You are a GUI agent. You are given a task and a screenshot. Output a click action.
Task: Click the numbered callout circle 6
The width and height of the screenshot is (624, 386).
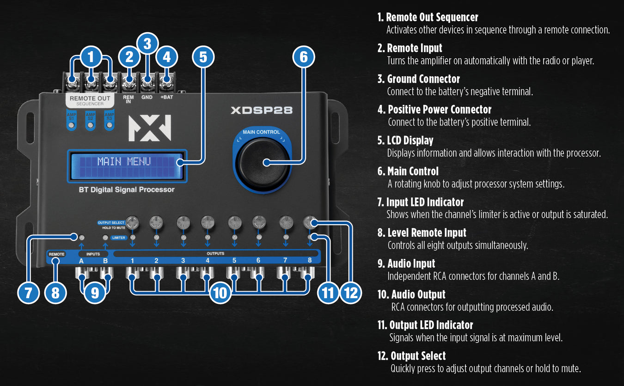point(304,57)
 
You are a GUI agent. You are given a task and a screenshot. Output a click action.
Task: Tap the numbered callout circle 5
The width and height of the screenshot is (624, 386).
point(203,57)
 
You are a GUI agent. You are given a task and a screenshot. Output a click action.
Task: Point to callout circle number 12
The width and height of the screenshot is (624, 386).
point(351,293)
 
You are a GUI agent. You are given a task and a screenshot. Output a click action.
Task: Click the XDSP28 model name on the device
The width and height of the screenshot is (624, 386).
point(261,110)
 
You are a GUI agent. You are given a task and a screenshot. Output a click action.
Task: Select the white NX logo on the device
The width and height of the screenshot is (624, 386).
point(149,128)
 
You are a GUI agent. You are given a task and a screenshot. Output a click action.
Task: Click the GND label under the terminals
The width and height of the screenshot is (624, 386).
point(147,98)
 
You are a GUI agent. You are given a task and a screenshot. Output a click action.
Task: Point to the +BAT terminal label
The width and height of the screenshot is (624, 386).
point(166,98)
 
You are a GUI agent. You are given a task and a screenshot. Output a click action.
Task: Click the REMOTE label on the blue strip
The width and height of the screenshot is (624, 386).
point(57,254)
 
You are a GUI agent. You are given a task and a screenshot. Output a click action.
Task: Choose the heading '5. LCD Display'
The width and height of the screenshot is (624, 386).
point(405,140)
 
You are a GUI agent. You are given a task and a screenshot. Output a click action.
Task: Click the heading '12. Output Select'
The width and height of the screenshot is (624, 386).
point(412,356)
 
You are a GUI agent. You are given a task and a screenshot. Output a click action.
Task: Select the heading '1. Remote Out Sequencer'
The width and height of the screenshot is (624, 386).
point(428,17)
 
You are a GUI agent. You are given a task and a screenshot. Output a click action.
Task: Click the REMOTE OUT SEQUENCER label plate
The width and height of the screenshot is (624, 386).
point(90,100)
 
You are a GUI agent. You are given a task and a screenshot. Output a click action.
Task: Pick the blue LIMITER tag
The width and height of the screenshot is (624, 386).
point(119,238)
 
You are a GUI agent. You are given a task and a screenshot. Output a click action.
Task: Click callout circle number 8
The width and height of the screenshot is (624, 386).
point(55,293)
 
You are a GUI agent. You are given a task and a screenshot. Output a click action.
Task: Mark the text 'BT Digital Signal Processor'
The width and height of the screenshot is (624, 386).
point(127,190)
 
